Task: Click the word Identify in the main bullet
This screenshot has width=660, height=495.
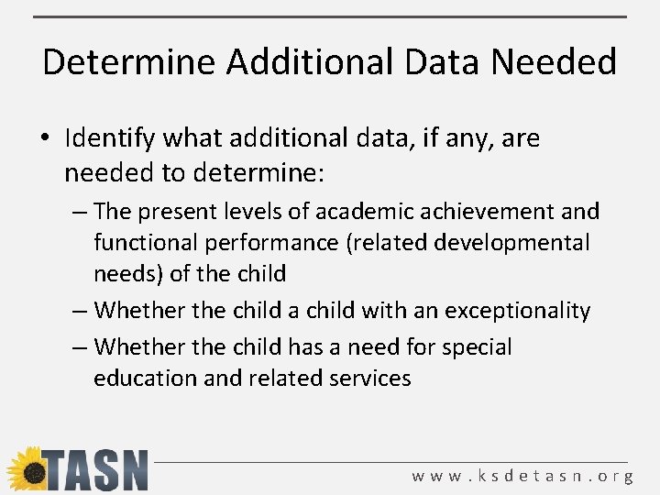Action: (x=105, y=139)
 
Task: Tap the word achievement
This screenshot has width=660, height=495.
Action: (x=490, y=212)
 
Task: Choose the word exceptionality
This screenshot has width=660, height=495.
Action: (x=518, y=311)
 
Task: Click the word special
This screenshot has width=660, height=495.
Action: (x=478, y=347)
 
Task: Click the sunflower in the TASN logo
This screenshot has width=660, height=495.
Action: (x=25, y=470)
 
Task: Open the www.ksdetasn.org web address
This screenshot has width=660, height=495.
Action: (x=522, y=476)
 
